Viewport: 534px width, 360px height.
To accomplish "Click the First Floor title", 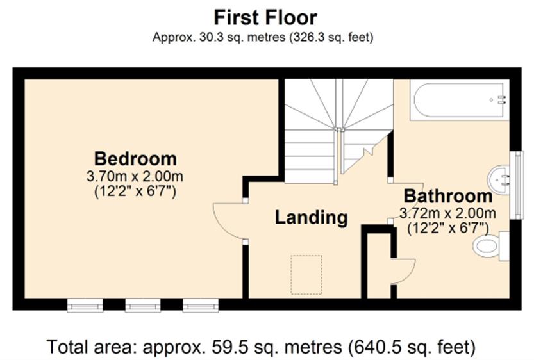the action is pyautogui.click(x=265, y=17).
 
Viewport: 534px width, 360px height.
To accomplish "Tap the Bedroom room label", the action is pyautogui.click(x=135, y=159).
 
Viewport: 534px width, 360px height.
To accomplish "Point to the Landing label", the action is pyautogui.click(x=311, y=217).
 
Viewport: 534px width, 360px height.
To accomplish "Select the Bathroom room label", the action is pyautogui.click(x=448, y=196).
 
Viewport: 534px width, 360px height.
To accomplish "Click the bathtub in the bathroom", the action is pyautogui.click(x=460, y=100).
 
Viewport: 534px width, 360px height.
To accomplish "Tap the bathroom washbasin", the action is pyautogui.click(x=499, y=179).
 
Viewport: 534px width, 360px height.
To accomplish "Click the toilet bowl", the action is pyautogui.click(x=485, y=247).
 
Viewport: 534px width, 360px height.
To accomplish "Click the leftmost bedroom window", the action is pyautogui.click(x=85, y=306).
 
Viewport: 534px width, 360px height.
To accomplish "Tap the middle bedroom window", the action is pyautogui.click(x=143, y=306).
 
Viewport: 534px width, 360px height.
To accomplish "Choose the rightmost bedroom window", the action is pyautogui.click(x=201, y=306).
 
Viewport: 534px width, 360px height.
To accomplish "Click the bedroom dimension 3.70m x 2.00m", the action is pyautogui.click(x=135, y=176).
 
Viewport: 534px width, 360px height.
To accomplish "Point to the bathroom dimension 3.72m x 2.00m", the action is pyautogui.click(x=447, y=213).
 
